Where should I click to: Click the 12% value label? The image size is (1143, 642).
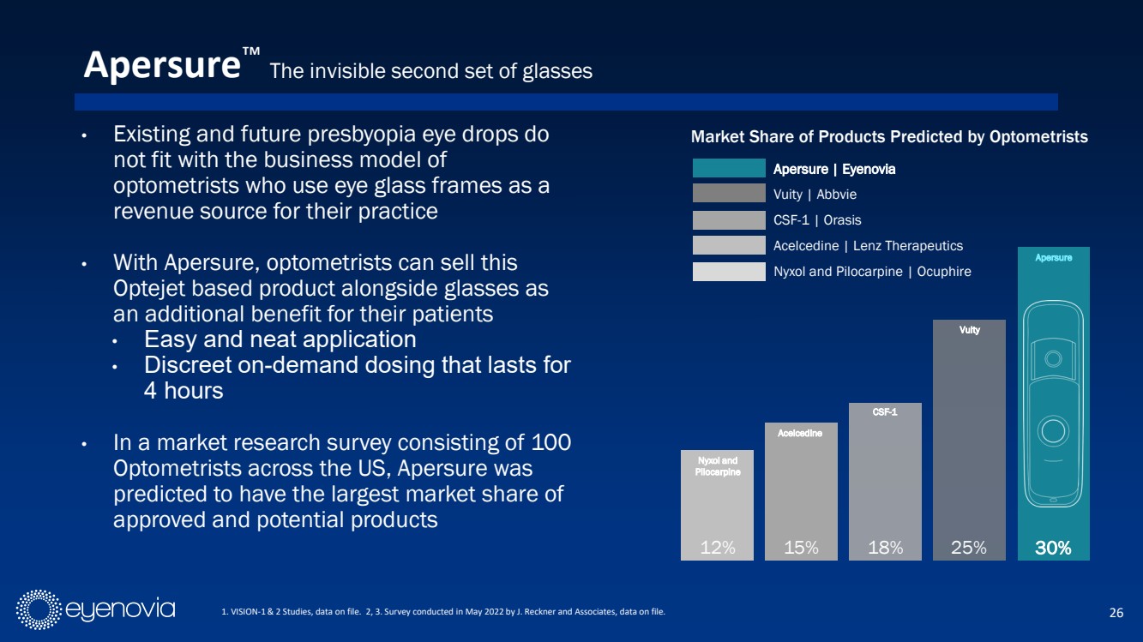[718, 548]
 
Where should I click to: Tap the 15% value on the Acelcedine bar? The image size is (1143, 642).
[801, 548]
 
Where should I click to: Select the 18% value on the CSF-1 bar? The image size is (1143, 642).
[885, 548]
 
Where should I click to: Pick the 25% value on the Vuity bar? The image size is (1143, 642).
[969, 548]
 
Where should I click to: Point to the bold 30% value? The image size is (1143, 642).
[1053, 548]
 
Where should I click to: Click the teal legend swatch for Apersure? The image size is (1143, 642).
[728, 169]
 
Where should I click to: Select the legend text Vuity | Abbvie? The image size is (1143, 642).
[815, 195]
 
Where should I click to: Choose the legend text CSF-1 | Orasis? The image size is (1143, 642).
[817, 220]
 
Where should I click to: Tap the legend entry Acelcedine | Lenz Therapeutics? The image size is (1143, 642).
[868, 246]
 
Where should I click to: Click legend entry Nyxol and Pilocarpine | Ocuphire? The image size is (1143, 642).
[872, 272]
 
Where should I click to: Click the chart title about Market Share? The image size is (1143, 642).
[889, 137]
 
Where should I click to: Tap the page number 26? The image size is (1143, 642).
[1116, 612]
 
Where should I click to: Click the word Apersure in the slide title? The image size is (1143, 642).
[161, 65]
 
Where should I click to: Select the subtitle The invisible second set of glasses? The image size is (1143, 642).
[430, 72]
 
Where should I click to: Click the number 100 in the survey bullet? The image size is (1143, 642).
[551, 443]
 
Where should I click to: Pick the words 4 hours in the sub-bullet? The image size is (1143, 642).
[183, 391]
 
